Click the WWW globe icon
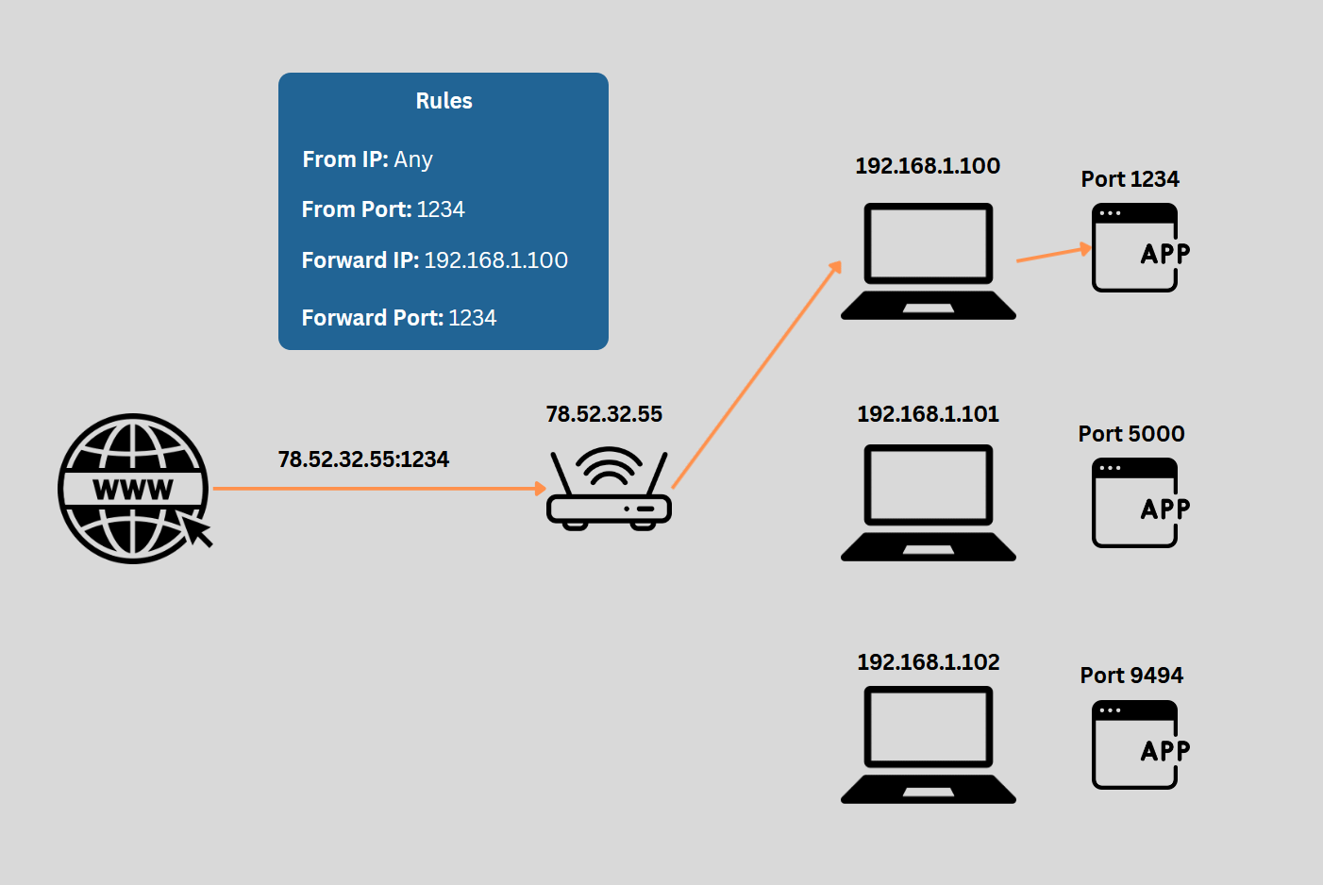coord(133,489)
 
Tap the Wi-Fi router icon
coord(609,491)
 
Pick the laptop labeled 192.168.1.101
coord(929,503)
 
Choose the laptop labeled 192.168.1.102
coord(929,744)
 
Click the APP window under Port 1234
coord(1135,248)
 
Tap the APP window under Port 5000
coord(1135,503)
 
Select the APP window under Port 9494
coord(1135,744)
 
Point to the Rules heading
coord(444,101)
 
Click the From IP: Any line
coord(367,159)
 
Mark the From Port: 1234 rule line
coord(383,209)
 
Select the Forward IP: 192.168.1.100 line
coord(434,260)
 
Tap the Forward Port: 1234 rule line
coord(398,318)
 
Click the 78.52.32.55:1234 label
coord(363,459)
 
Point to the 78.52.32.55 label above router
coord(604,414)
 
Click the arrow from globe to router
coord(377,489)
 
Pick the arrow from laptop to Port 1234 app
coord(1053,254)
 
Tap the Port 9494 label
coord(1131,676)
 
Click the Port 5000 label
coord(1131,434)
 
